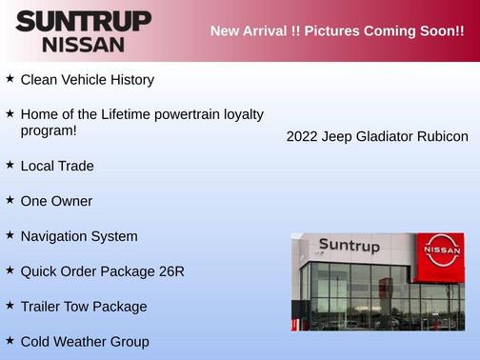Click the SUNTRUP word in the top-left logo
point(83,21)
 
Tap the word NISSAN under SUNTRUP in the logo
point(83,44)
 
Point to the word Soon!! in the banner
point(435,31)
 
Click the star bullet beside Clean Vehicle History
point(10,79)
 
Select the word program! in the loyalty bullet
point(49,130)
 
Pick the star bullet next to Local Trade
point(10,165)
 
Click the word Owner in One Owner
point(71,201)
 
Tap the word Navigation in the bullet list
point(55,236)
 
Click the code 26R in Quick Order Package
point(171,271)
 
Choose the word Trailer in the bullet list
point(42,307)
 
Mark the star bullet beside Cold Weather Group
point(10,340)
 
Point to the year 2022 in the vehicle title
point(302,137)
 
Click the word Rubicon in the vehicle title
point(442,137)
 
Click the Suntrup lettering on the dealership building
point(349,247)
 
